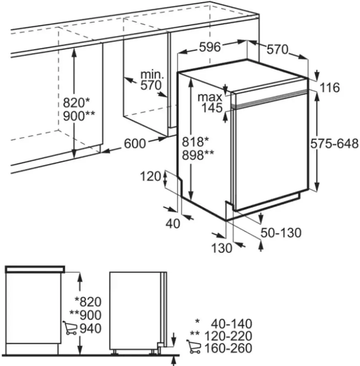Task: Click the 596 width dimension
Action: pos(210,47)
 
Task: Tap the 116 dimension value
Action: pos(329,88)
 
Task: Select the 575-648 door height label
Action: pos(335,144)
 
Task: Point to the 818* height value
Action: pos(195,142)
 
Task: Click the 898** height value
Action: pos(198,155)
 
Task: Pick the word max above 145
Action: pos(210,97)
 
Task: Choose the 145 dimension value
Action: pos(212,108)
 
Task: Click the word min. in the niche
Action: pos(152,75)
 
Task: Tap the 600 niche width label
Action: pos(135,144)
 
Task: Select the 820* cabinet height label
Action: pos(77,103)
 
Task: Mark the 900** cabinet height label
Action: pos(79,116)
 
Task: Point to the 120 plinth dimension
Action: pos(151,177)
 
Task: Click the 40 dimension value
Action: pos(173,224)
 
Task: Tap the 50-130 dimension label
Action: pos(281,233)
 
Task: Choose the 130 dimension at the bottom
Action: pos(222,248)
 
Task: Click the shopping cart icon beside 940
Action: pos(70,328)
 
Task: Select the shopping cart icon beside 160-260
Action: pos(194,346)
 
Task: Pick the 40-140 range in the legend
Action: pos(232,324)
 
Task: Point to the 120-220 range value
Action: pos(228,336)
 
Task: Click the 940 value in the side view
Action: pos(91,328)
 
